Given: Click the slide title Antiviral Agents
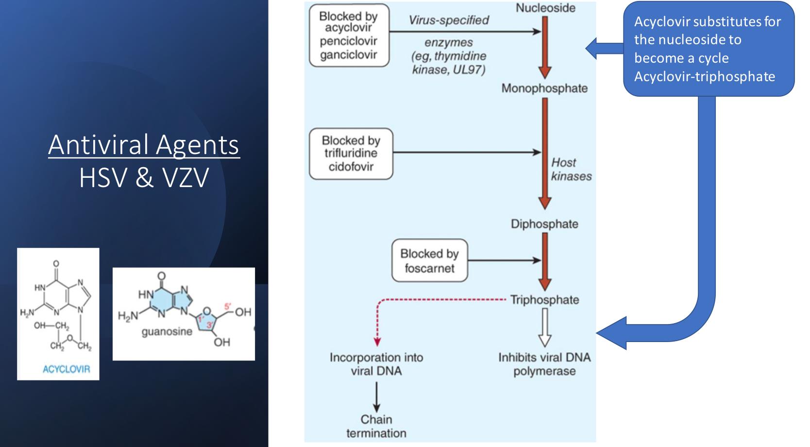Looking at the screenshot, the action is pos(144,145).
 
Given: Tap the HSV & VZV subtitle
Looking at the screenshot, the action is pos(144,178).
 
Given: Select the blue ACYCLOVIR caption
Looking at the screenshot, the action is pos(66,369).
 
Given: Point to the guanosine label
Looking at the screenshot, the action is pos(167,331).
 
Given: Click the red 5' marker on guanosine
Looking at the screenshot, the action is pos(227,307).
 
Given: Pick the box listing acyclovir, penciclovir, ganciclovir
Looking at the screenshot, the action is pos(349,35).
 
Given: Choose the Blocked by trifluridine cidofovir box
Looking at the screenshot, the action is pos(351,154).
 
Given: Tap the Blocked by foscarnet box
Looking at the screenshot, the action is pos(430,260).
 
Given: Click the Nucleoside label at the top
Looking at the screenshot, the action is pos(545,8).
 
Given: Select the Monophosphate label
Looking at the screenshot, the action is pos(544,88).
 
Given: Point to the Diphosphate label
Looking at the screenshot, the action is pos(544,224).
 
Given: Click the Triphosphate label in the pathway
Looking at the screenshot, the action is pos(544,300).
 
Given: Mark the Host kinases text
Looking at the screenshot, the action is pos(571,170).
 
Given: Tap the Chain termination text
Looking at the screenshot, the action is pos(376,427).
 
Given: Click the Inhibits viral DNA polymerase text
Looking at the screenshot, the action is pos(544,364).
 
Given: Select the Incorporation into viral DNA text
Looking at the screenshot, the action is pos(376,364).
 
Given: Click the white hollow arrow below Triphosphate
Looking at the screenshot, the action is pos(544,327).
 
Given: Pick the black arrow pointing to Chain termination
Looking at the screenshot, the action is pos(376,397).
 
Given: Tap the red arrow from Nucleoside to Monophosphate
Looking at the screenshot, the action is pos(544,48).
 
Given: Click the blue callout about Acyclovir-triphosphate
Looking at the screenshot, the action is pos(709,49).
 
